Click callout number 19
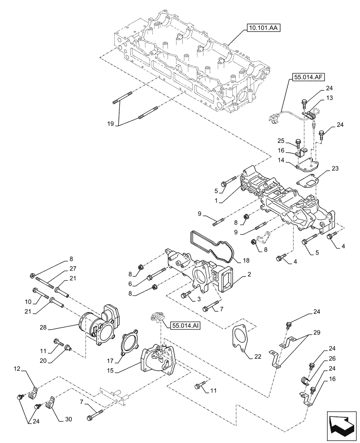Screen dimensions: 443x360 (x=111, y=124)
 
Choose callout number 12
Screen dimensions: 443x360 (x=17, y=369)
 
